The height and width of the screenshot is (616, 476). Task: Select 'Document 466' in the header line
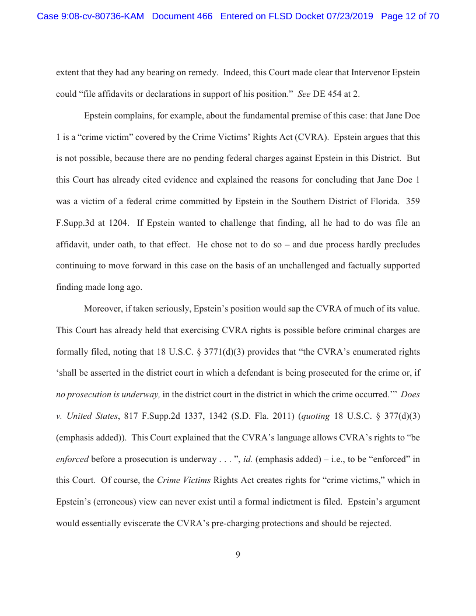pos(182,16)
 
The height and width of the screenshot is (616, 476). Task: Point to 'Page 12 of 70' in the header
pos(409,16)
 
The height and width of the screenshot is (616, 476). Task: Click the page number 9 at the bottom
pos(238,555)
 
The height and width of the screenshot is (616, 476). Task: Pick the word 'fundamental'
pos(256,116)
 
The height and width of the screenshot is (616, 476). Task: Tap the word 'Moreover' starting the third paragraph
pos(103,308)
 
